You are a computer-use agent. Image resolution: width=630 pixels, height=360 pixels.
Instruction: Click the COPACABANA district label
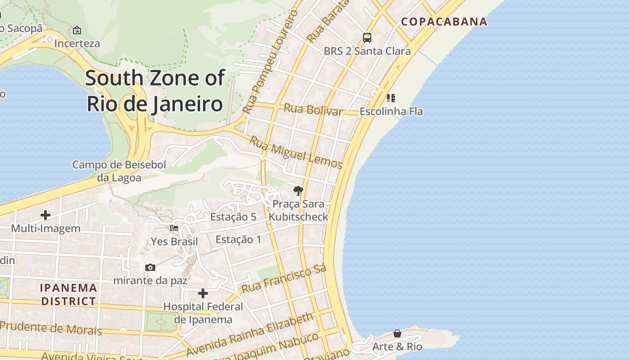(x=444, y=22)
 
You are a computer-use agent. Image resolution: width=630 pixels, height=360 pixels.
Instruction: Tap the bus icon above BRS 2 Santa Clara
(x=367, y=37)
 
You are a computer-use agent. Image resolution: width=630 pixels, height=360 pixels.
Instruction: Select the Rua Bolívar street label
(x=313, y=109)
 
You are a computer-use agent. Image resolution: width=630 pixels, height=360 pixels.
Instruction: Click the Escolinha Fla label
(x=391, y=111)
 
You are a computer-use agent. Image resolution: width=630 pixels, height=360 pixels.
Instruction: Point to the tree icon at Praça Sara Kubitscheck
(x=298, y=191)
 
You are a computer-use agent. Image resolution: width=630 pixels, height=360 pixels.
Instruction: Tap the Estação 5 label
(x=233, y=217)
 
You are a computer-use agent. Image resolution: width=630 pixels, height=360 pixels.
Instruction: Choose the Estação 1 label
(x=238, y=239)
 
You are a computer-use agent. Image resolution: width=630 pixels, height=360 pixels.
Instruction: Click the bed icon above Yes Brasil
(x=174, y=228)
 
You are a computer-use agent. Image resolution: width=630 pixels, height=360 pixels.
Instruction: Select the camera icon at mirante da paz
(x=150, y=267)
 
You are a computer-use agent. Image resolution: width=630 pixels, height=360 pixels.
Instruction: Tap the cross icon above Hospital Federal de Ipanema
(x=203, y=293)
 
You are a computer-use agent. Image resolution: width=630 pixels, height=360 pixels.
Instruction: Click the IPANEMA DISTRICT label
(x=69, y=294)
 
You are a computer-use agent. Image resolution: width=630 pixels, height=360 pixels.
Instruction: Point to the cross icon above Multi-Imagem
(x=45, y=215)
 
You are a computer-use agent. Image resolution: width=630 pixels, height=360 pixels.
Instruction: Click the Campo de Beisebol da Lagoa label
(x=119, y=171)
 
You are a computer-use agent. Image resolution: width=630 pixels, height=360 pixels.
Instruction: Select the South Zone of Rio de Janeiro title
(x=154, y=90)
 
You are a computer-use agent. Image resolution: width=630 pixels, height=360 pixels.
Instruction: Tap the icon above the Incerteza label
(x=77, y=31)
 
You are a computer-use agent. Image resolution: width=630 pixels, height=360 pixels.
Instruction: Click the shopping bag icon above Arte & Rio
(x=397, y=333)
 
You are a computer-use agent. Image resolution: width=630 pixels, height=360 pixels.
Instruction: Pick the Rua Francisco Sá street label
(x=283, y=279)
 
